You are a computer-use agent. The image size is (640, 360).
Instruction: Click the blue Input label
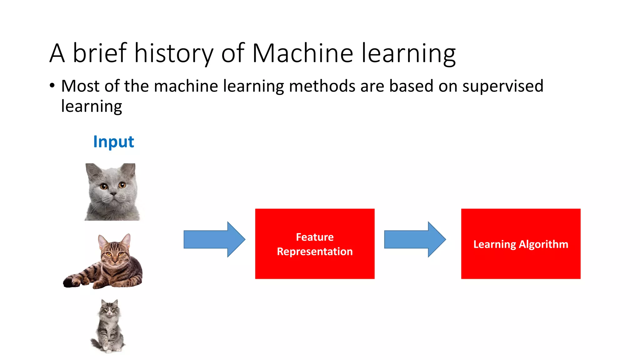[x=113, y=142]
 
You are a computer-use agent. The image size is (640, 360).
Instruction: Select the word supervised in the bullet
[x=502, y=86]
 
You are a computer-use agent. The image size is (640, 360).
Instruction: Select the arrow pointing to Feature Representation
[x=214, y=239]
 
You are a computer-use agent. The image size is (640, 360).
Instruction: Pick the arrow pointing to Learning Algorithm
[x=415, y=239]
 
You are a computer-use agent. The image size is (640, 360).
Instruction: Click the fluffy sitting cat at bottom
[x=108, y=327]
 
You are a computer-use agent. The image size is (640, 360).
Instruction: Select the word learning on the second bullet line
[x=91, y=106]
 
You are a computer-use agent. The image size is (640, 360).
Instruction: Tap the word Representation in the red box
[x=315, y=252]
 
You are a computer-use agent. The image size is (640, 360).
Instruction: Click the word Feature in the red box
[x=315, y=237]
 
